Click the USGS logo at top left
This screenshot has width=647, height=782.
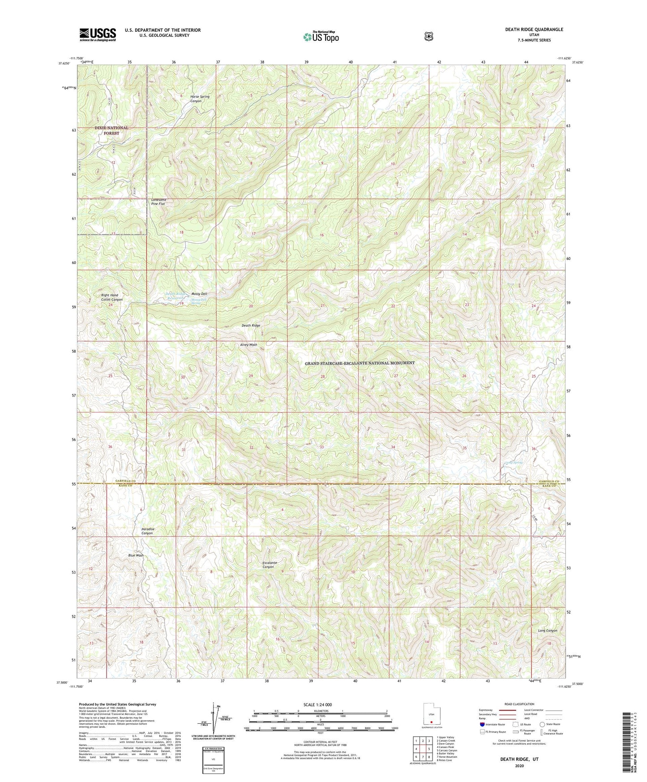[x=98, y=34]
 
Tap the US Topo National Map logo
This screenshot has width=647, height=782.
[x=321, y=36]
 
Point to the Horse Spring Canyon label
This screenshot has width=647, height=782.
[x=200, y=99]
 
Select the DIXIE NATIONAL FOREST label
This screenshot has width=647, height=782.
[x=111, y=130]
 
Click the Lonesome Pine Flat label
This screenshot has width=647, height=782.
[x=162, y=201]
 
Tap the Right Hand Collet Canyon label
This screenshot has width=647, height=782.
[x=111, y=297]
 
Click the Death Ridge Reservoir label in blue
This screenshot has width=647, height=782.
[x=173, y=296]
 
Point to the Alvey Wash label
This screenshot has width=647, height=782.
[x=249, y=345]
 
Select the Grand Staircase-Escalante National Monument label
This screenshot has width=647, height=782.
[x=360, y=363]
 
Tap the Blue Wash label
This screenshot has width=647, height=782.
[x=136, y=555]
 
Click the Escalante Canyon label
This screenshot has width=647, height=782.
[x=270, y=565]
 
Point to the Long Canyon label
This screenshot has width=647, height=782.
[x=547, y=631]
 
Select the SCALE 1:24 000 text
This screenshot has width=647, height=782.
[x=317, y=705]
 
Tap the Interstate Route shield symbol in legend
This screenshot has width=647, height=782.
[x=482, y=724]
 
